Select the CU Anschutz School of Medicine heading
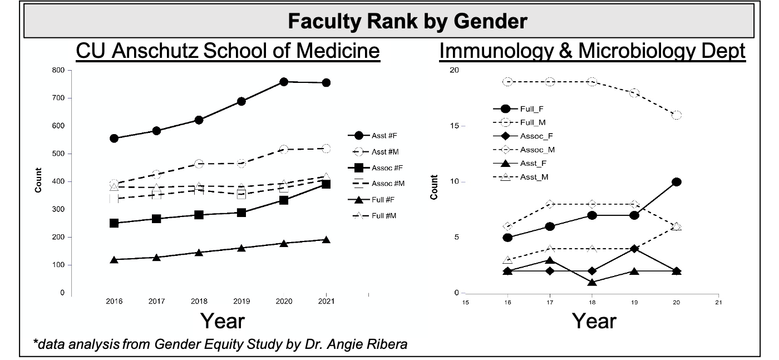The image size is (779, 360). [x=228, y=51]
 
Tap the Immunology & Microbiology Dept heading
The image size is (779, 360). [x=593, y=51]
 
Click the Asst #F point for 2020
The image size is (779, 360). [x=284, y=82]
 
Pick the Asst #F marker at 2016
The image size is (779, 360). [x=114, y=138]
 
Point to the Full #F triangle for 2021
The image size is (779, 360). [x=326, y=240]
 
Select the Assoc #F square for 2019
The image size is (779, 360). [x=241, y=213]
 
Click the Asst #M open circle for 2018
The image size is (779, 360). [x=199, y=164]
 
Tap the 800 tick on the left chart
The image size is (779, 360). [x=58, y=71]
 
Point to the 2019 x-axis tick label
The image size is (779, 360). [x=241, y=301]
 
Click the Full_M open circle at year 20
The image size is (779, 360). [x=677, y=115]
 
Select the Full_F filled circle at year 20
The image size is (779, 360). [x=677, y=182]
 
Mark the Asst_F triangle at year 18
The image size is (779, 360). [x=592, y=282]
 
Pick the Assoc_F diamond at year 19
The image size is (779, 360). [x=634, y=249]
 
